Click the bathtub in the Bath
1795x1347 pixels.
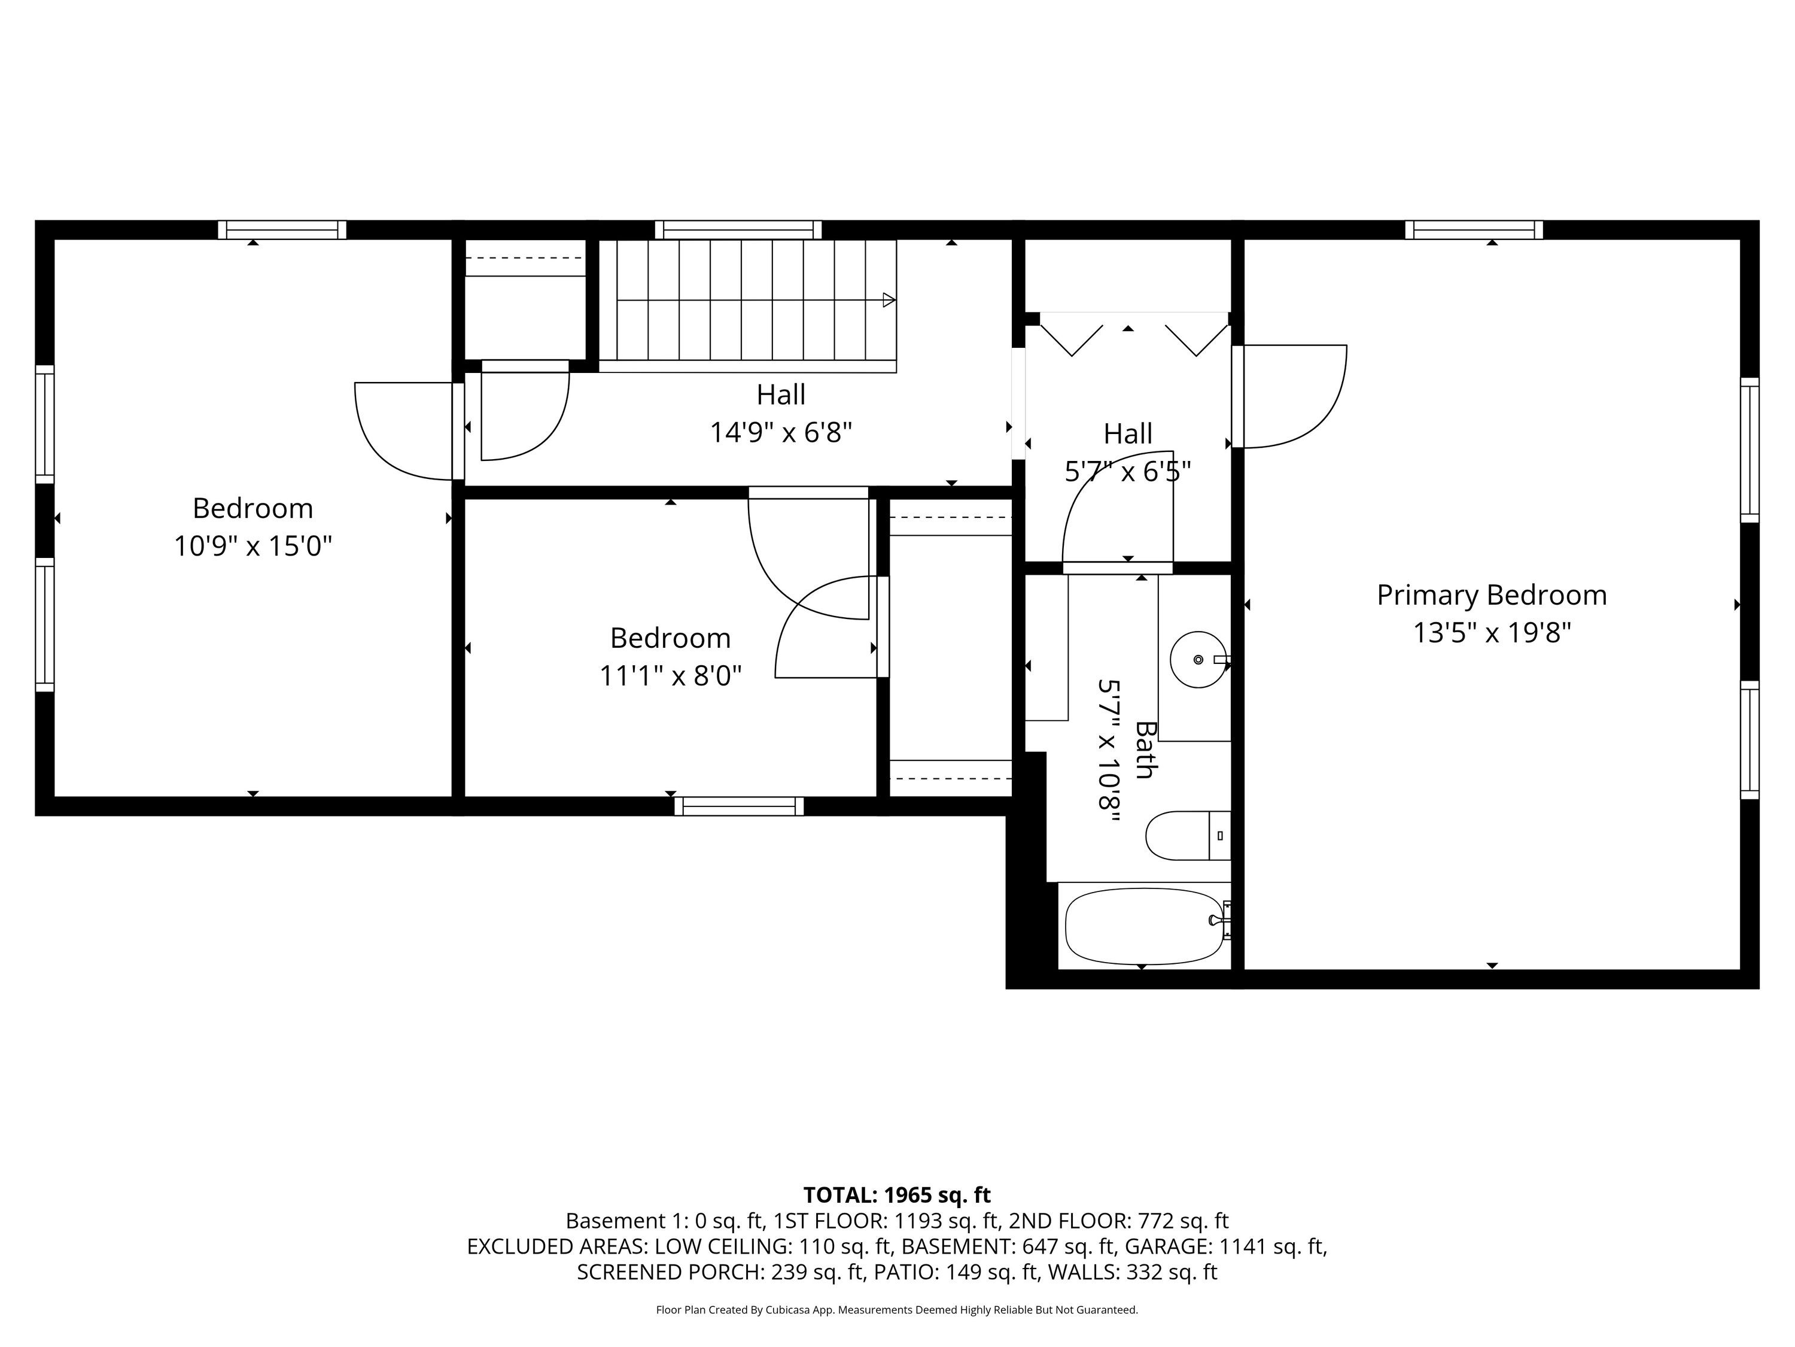coord(1143,926)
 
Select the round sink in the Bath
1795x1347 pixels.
coord(1198,659)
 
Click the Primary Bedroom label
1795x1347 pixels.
coord(1492,595)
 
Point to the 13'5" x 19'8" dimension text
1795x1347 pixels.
coord(1492,633)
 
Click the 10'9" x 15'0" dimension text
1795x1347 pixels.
coord(253,545)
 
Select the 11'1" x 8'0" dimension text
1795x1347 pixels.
coord(670,675)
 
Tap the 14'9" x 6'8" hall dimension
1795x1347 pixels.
coord(781,433)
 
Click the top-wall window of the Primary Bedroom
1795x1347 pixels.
coord(1474,230)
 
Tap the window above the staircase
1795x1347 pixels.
coord(738,230)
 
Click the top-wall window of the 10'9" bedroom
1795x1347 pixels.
coord(282,230)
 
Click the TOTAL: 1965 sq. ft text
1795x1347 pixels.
coord(897,1195)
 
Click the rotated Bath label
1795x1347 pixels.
coord(1144,750)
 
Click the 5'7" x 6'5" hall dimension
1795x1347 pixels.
coord(1128,471)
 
